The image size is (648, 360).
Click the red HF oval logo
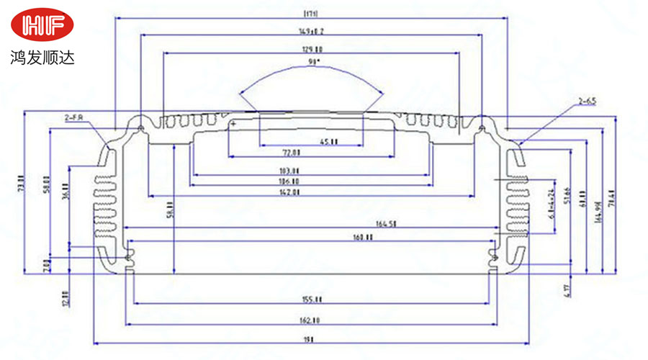pyautogui.click(x=42, y=26)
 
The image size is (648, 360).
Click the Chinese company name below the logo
pyautogui.click(x=42, y=55)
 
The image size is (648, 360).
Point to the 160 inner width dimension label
pyautogui.click(x=363, y=237)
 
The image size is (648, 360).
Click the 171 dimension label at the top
pyautogui.click(x=312, y=13)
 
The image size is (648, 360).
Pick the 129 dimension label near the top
pyautogui.click(x=312, y=48)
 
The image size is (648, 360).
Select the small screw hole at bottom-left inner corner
pyautogui.click(x=129, y=257)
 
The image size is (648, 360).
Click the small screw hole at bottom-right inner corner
pyautogui.click(x=494, y=256)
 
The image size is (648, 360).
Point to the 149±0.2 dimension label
pyautogui.click(x=312, y=31)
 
